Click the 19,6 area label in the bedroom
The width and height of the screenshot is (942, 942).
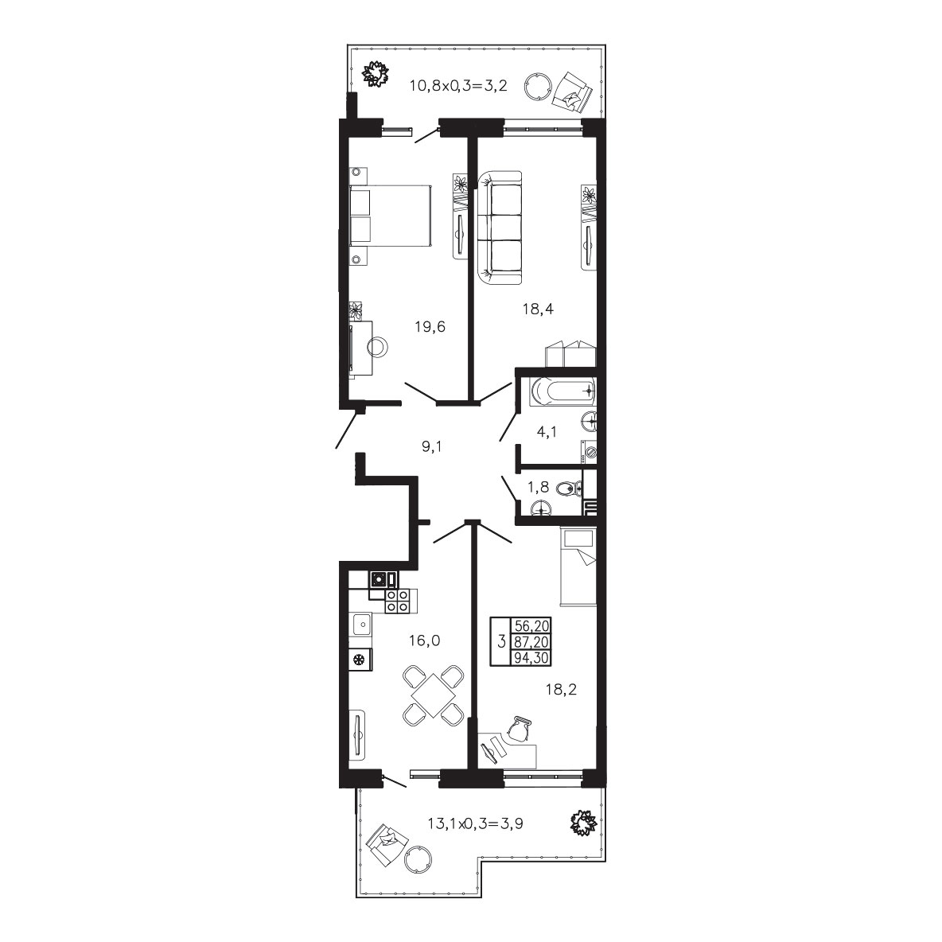click(x=430, y=327)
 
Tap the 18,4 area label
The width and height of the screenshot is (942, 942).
click(x=539, y=309)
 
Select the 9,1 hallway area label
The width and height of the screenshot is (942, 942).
click(x=432, y=446)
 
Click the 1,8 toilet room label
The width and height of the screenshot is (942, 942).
click(x=539, y=487)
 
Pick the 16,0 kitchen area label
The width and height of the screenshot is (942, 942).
click(x=425, y=641)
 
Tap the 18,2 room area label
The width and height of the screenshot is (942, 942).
click(x=561, y=689)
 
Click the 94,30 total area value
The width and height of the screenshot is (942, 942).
click(x=531, y=658)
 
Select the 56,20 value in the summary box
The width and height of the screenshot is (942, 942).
click(x=531, y=626)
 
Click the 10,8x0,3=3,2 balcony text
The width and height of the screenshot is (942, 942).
click(x=458, y=85)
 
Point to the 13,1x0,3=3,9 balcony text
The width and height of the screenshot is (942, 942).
click(x=475, y=823)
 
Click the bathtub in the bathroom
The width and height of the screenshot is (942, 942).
click(x=563, y=391)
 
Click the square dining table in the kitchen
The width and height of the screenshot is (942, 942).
click(x=433, y=695)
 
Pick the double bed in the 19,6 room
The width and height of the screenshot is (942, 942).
click(x=391, y=215)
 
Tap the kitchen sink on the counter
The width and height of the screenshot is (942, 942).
click(x=360, y=625)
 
